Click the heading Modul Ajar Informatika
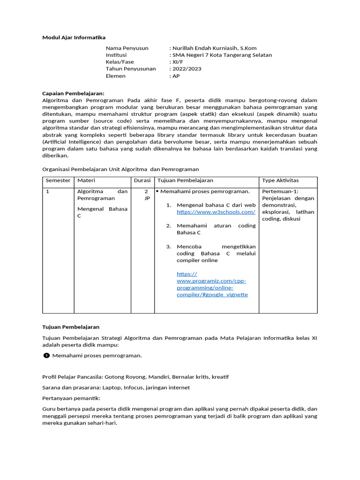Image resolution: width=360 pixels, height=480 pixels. point(74,37)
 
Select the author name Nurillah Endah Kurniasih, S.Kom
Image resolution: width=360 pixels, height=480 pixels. point(214,48)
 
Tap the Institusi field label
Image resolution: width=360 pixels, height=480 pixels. point(117,55)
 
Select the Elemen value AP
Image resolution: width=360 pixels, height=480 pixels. point(176,76)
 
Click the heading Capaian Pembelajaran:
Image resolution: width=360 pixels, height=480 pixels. point(73,93)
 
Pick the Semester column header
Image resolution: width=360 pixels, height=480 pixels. point(58,180)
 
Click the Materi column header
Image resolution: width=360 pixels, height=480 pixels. point(86,180)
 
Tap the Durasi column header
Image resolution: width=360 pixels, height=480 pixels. point(142,180)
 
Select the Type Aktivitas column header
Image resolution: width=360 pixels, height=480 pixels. point(280,180)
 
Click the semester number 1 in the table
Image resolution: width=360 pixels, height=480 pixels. point(47,192)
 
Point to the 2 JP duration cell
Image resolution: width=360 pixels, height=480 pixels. point(146,195)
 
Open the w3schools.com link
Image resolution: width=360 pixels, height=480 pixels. point(216,212)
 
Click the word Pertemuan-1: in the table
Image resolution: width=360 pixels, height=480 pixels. point(280,192)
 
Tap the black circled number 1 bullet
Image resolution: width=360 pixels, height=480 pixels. point(46,355)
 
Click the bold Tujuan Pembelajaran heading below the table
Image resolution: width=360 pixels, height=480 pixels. point(71,327)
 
